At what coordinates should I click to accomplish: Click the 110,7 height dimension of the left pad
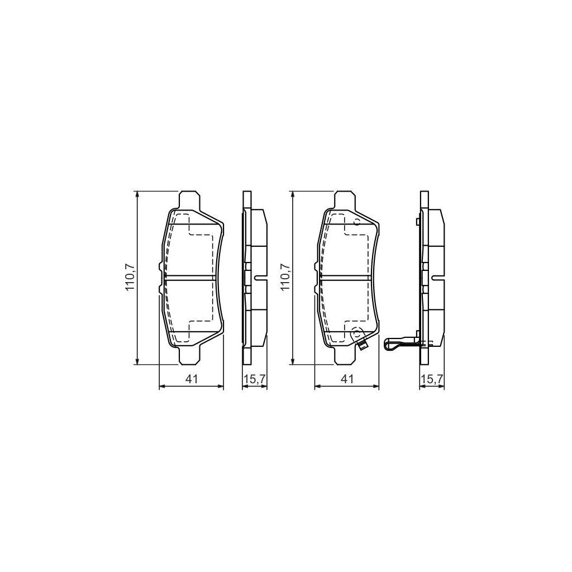pyautogui.click(x=130, y=278)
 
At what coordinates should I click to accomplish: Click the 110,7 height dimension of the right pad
pyautogui.click(x=285, y=278)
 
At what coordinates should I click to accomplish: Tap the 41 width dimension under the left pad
pyautogui.click(x=192, y=379)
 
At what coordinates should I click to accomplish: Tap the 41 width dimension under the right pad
pyautogui.click(x=347, y=379)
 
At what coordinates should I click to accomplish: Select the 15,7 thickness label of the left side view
pyautogui.click(x=254, y=379)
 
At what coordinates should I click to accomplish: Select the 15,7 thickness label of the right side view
pyautogui.click(x=432, y=379)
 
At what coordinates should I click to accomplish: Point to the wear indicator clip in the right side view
pyautogui.click(x=400, y=343)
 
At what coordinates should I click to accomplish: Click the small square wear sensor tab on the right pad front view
pyautogui.click(x=363, y=346)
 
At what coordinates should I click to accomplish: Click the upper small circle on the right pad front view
pyautogui.click(x=355, y=222)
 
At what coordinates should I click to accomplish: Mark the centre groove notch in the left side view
pyautogui.click(x=261, y=278)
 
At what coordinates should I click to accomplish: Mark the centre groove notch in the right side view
pyautogui.click(x=438, y=278)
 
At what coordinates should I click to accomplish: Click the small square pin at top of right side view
pyautogui.click(x=418, y=222)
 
